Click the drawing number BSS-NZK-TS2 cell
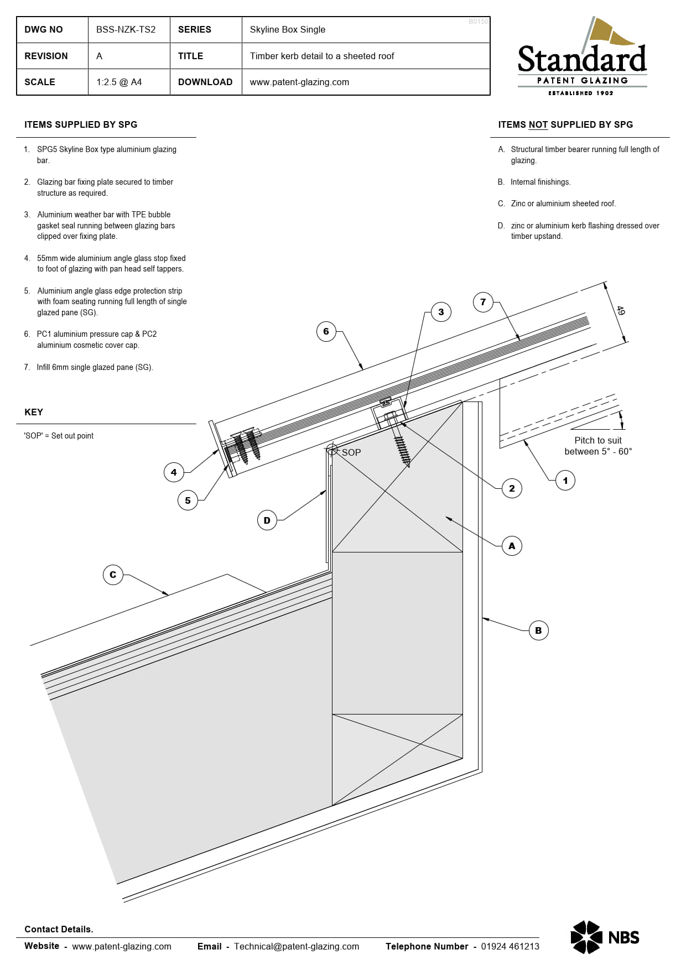[x=126, y=30]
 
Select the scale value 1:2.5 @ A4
[x=119, y=82]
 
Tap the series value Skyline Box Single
[x=287, y=30]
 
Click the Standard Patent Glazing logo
[x=582, y=58]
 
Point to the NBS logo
[x=605, y=937]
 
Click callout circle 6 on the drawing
[x=326, y=331]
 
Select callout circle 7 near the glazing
[x=483, y=302]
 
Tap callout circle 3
[x=441, y=312]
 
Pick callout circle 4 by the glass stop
[x=174, y=472]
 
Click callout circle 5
[x=188, y=500]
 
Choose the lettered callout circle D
[x=267, y=520]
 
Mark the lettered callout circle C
[x=113, y=575]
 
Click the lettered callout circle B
[x=538, y=630]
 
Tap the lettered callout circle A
[x=512, y=546]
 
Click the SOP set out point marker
[x=332, y=450]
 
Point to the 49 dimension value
[x=620, y=311]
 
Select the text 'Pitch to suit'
[x=597, y=440]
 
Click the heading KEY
[x=34, y=412]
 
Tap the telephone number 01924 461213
[x=510, y=946]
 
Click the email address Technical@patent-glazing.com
[x=296, y=946]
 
